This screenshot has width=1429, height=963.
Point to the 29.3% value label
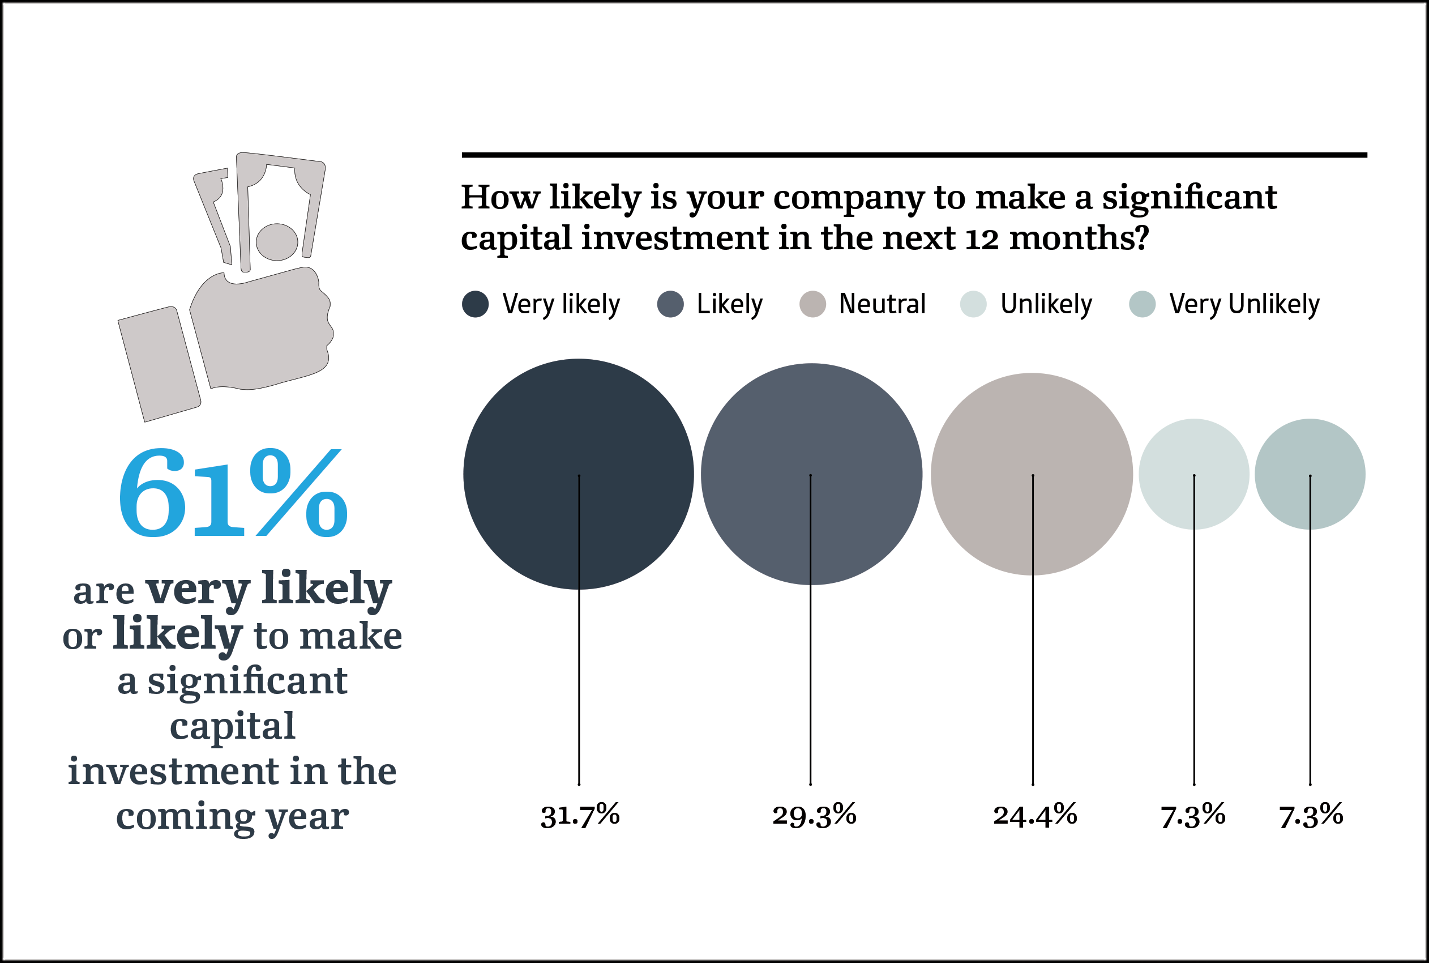[x=814, y=815]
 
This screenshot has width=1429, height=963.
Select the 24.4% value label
[x=1035, y=815]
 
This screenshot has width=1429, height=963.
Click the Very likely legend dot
[x=475, y=304]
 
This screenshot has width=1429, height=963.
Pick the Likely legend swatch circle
[x=670, y=304]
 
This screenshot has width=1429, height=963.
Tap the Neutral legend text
[x=882, y=304]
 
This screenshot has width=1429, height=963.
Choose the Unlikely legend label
[x=1046, y=304]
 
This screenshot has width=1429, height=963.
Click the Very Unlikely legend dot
[x=1143, y=304]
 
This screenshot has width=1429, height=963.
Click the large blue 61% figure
[x=233, y=493]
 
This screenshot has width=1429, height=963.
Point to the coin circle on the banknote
[x=277, y=242]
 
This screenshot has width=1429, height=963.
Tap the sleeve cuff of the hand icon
[x=159, y=364]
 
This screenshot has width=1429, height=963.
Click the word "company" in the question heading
[x=848, y=198]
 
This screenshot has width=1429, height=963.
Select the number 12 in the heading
[x=982, y=239]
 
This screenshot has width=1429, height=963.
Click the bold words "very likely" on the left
[x=268, y=589]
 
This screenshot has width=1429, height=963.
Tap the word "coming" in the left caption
[x=185, y=817]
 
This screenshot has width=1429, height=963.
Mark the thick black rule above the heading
[x=914, y=155]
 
